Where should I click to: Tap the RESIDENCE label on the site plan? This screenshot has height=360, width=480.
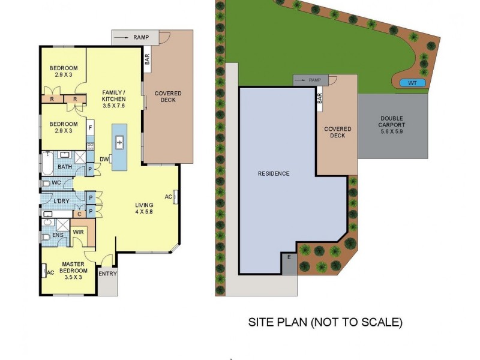(x=274, y=174)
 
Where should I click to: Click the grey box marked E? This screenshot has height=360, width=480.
(x=289, y=257)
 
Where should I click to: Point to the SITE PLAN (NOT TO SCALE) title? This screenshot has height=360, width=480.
(x=325, y=322)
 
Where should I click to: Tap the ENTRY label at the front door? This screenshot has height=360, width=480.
(x=108, y=274)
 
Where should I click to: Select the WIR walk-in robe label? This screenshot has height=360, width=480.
(x=78, y=231)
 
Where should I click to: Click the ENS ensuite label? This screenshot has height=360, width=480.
(x=58, y=236)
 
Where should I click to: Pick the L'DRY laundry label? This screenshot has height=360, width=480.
(x=62, y=200)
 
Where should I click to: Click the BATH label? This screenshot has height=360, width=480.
(x=65, y=167)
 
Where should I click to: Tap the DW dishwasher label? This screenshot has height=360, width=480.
(x=104, y=159)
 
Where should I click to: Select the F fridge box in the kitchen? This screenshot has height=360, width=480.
(x=90, y=127)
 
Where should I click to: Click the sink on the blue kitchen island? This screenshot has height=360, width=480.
(x=120, y=142)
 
